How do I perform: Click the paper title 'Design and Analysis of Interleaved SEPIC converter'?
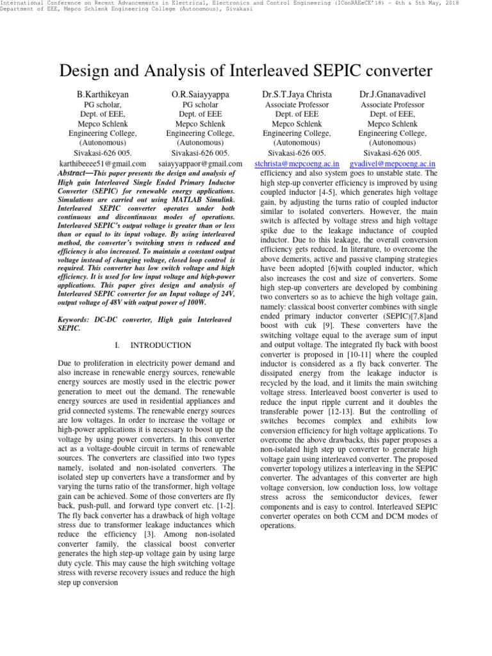(x=246, y=71)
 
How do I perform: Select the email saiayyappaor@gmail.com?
(x=200, y=164)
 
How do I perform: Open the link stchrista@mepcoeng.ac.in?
(x=296, y=164)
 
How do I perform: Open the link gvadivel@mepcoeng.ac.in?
(x=393, y=164)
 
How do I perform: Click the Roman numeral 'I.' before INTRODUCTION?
(x=118, y=345)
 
